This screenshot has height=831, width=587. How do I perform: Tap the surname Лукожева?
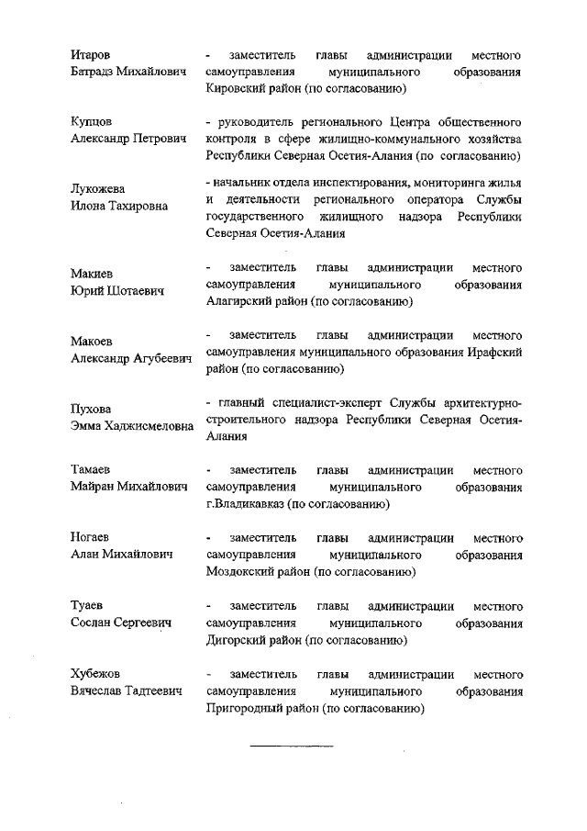click(x=99, y=188)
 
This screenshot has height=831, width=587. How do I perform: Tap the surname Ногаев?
click(x=93, y=536)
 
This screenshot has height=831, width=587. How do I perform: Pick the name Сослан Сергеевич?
click(x=122, y=623)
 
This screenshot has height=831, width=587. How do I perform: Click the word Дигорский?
click(x=238, y=640)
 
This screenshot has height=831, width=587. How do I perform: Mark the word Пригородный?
click(x=246, y=709)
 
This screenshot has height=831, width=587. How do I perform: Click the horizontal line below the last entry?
click(x=292, y=745)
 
